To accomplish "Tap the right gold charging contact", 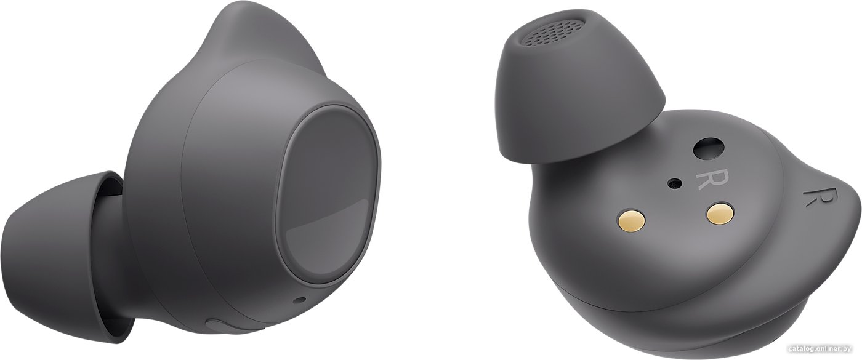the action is [x=719, y=214].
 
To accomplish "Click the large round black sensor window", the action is [x=709, y=149].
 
